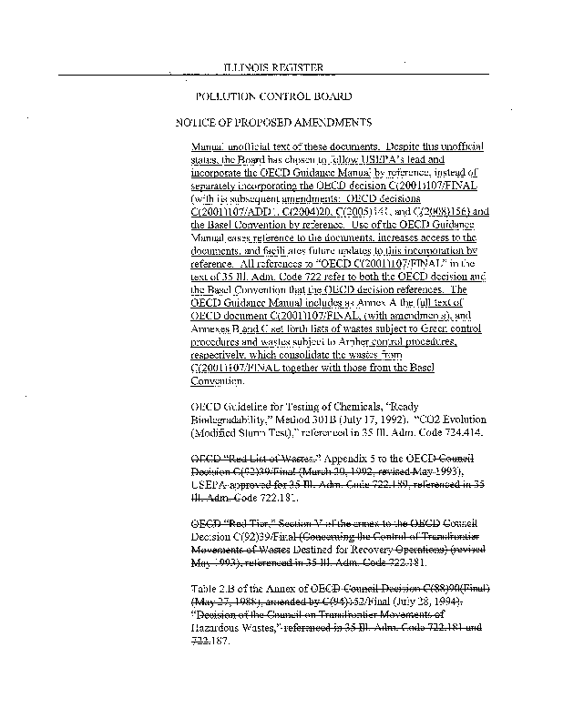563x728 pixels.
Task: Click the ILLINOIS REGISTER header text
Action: (273, 66)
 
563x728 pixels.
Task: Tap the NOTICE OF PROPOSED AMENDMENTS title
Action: (273, 121)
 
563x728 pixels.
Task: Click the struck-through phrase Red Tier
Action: (260, 524)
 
